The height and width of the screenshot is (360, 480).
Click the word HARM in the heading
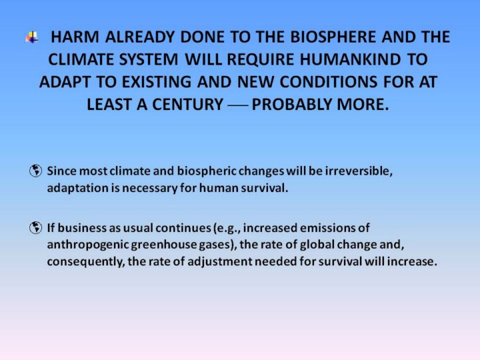pos(75,37)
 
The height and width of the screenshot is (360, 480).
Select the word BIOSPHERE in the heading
pos(333,37)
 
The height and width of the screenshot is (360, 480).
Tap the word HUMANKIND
pos(350,59)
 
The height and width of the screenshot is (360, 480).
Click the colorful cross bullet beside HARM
pos(32,37)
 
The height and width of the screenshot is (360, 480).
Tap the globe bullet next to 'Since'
pos(35,171)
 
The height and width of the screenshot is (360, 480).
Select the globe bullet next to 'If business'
pos(35,228)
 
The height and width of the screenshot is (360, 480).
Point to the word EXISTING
pos(157,82)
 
